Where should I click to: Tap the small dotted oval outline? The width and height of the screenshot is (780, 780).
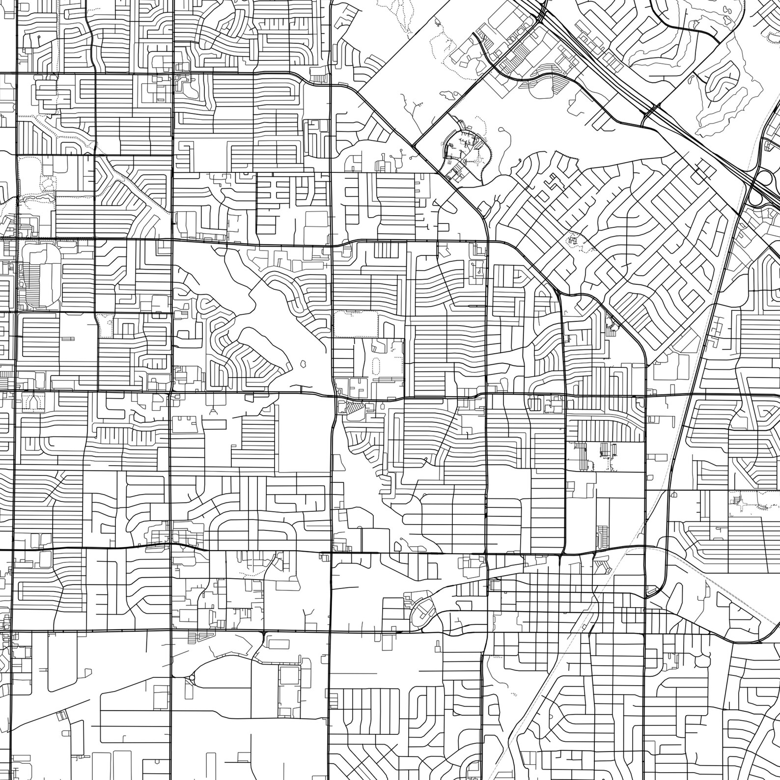pos(376,365)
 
